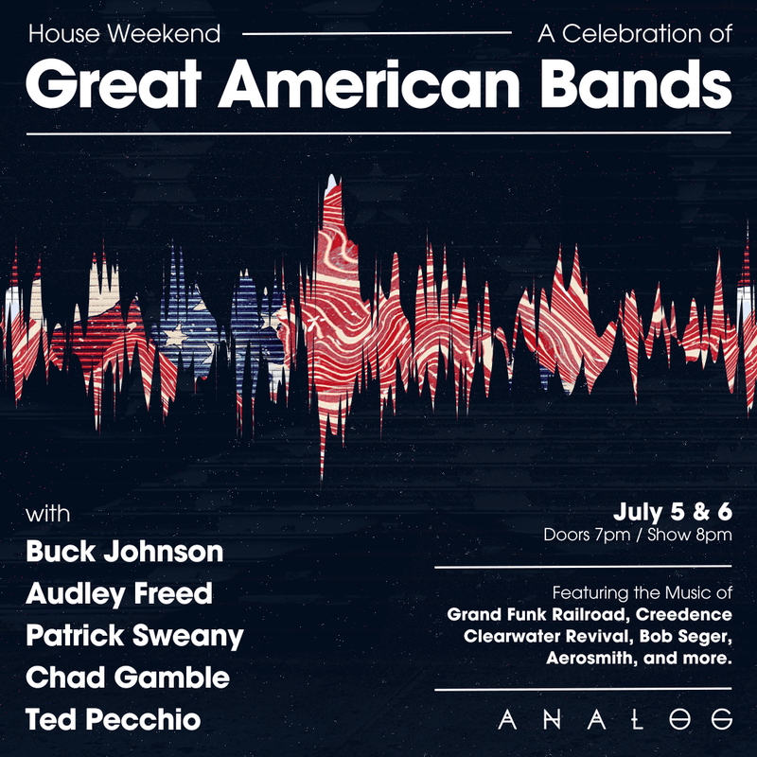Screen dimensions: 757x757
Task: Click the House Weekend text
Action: click(125, 35)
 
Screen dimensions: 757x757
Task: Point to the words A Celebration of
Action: click(634, 35)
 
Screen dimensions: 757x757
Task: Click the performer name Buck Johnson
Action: click(125, 551)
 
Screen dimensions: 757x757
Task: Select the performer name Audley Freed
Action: click(119, 593)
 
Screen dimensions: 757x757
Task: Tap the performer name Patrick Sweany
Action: click(135, 636)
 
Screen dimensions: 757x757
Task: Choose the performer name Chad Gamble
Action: click(128, 678)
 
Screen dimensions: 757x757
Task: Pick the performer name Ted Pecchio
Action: click(114, 719)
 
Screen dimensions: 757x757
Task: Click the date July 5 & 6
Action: click(673, 513)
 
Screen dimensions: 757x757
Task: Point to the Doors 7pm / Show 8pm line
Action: click(638, 536)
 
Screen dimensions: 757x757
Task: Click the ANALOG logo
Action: click(615, 719)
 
